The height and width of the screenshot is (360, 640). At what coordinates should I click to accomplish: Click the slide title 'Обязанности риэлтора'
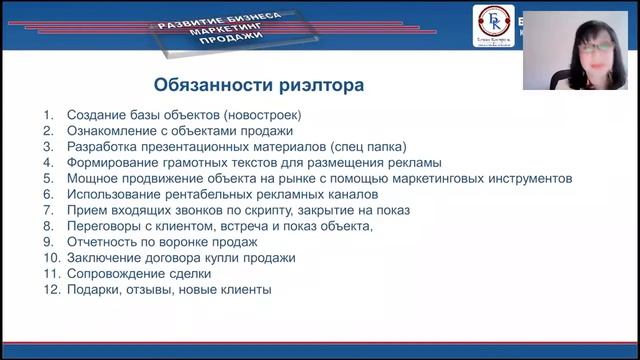point(258,85)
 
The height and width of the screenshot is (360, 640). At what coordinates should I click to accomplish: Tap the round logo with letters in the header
point(493,24)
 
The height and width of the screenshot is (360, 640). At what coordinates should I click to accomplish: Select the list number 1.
point(48,115)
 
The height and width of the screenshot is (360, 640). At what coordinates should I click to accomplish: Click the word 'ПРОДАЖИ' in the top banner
point(238,38)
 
